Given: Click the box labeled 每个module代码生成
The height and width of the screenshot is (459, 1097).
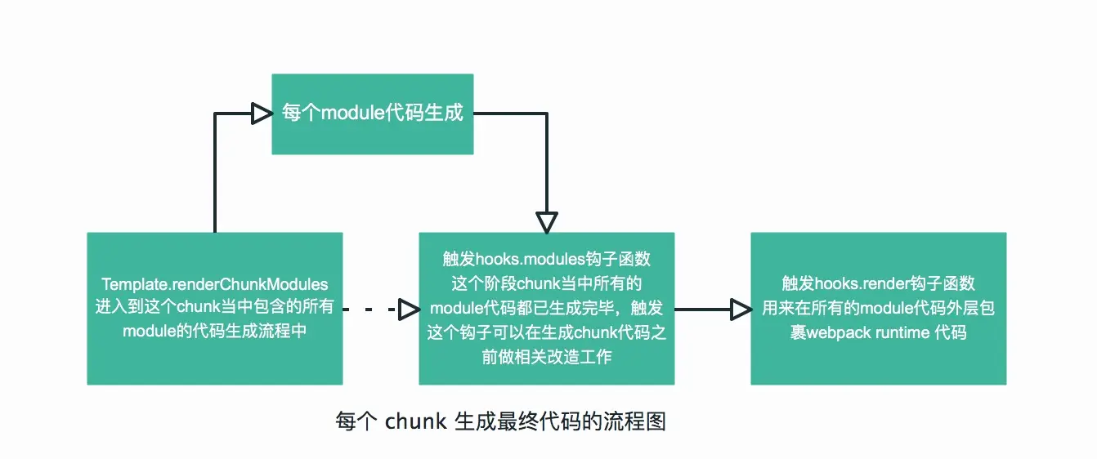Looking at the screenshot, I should tap(373, 114).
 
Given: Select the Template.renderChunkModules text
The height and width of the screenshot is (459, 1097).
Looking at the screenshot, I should tap(215, 284).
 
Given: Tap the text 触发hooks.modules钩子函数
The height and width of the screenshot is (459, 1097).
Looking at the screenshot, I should tap(547, 260).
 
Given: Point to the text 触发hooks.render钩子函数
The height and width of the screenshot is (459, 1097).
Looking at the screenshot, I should tap(879, 284).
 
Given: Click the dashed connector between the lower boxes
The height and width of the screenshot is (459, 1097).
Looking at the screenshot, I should tap(369, 309).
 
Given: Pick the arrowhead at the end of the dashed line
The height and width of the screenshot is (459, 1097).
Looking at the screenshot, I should tap(409, 309).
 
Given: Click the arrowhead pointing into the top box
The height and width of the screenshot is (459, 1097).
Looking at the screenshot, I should tap(262, 114).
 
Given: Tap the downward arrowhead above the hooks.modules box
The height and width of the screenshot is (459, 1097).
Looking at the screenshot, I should tap(547, 222).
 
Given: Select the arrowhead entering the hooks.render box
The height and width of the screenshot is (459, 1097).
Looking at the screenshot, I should tap(741, 309).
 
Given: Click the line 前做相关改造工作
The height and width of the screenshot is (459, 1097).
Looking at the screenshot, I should tap(547, 357).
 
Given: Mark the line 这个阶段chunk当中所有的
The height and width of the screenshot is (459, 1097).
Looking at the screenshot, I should tap(547, 284).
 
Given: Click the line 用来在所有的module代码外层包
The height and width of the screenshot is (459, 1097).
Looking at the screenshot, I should tap(879, 309).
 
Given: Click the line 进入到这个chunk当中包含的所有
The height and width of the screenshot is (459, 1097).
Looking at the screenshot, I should tap(215, 308).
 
